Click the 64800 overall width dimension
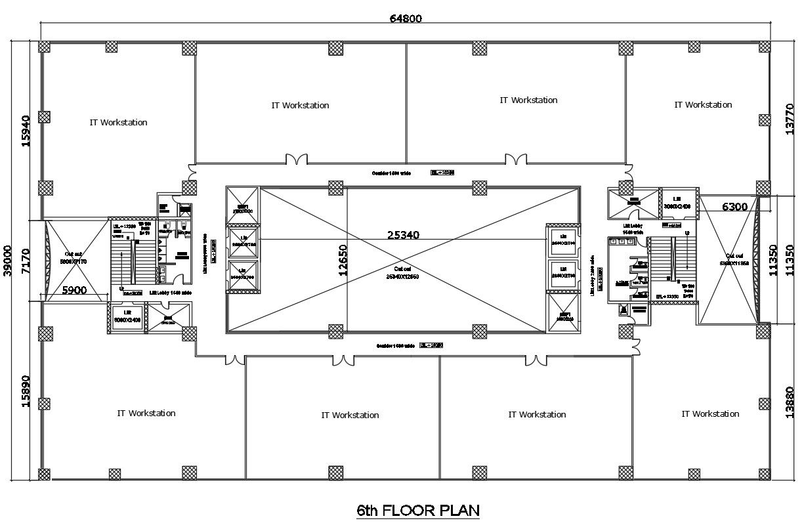pyautogui.click(x=405, y=18)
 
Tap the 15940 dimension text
pyautogui.click(x=26, y=131)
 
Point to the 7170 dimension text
pyautogui.click(x=26, y=260)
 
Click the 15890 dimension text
pyautogui.click(x=26, y=391)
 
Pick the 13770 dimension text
pyautogui.click(x=790, y=119)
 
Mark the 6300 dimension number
pyautogui.click(x=734, y=207)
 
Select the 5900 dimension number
pyautogui.click(x=75, y=290)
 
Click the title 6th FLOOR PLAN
pyautogui.click(x=417, y=510)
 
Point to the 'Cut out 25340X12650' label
pyautogui.click(x=402, y=272)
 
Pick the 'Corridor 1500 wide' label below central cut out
pyautogui.click(x=395, y=345)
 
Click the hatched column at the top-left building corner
pyautogui.click(x=45, y=47)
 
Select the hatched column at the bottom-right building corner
pyautogui.click(x=764, y=473)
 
